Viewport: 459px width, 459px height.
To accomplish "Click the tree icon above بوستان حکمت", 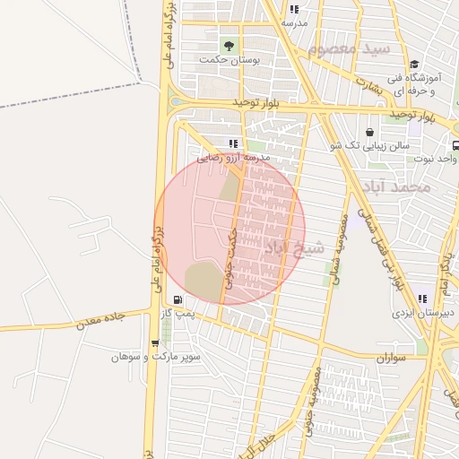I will (229, 45).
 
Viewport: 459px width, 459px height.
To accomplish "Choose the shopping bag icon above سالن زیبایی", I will (369, 132).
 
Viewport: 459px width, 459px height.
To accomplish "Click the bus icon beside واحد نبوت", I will (455, 145).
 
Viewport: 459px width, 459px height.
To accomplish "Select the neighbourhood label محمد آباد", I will (404, 187).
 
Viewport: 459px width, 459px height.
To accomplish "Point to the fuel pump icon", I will (178, 299).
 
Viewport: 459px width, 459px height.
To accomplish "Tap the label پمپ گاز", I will (178, 313).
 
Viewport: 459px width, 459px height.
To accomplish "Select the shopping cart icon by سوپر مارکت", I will (156, 342).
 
